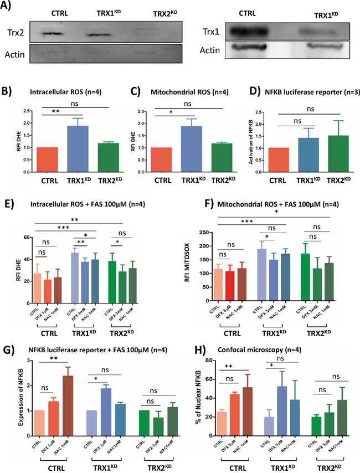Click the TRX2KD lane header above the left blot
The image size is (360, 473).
[x=149, y=12]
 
